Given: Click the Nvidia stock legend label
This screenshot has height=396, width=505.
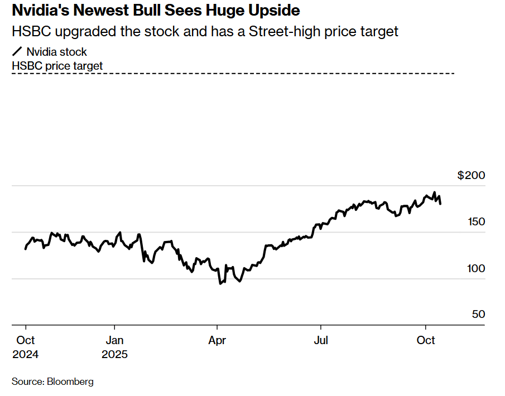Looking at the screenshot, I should [x=57, y=52].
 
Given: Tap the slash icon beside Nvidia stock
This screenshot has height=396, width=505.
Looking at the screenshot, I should [x=17, y=52].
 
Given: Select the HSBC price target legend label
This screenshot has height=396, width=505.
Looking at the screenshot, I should [x=57, y=66].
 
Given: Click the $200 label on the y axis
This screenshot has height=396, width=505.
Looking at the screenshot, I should [x=472, y=176].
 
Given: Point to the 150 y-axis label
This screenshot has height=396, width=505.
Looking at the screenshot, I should [x=476, y=222].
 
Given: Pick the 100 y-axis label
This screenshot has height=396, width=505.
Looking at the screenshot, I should [x=476, y=268].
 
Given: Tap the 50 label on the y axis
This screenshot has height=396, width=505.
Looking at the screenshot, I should [x=479, y=315].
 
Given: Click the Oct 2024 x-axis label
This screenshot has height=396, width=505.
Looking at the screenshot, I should [x=26, y=347].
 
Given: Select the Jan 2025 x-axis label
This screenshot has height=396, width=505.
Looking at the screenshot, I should [x=114, y=347].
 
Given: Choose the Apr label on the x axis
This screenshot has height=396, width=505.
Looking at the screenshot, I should [x=217, y=340].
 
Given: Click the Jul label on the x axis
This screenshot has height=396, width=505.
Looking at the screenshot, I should [x=320, y=340].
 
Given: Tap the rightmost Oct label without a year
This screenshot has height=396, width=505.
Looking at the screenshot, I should [x=426, y=340].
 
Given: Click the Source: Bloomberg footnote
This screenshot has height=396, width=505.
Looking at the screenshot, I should [x=52, y=382].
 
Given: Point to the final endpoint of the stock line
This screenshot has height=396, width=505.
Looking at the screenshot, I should [x=441, y=204].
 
